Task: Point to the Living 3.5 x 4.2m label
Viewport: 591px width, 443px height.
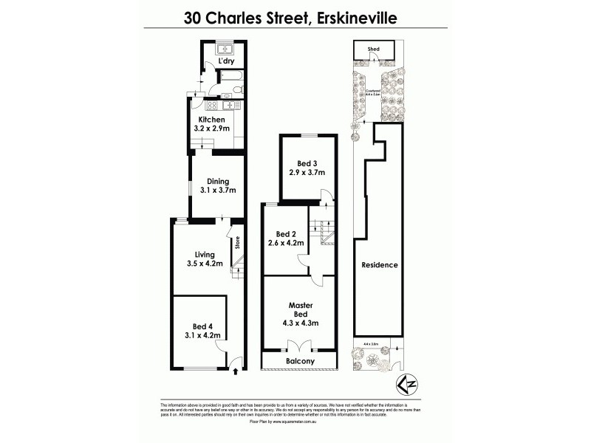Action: tap(199, 260)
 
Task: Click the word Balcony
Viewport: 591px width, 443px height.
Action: tap(300, 361)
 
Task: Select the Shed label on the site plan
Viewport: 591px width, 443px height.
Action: tap(374, 49)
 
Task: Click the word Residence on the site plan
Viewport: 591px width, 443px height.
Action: tap(380, 265)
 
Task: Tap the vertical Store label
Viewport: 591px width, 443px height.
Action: tap(237, 244)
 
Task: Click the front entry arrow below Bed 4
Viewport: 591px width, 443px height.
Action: tap(235, 371)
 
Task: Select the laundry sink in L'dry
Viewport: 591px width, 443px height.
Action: tap(226, 49)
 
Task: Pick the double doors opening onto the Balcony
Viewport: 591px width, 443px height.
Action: tap(299, 346)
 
